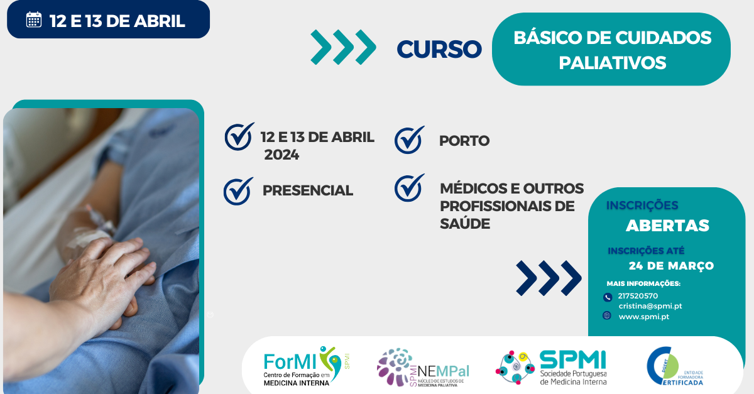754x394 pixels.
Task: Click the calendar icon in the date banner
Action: click(x=33, y=20)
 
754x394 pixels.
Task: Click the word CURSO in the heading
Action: click(x=439, y=48)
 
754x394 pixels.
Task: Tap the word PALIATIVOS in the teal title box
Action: click(x=612, y=63)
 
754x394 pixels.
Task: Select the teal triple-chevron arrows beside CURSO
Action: click(x=343, y=47)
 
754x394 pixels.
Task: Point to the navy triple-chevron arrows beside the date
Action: click(x=549, y=278)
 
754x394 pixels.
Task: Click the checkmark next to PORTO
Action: click(x=409, y=140)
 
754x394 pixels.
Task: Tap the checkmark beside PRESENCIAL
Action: click(x=238, y=191)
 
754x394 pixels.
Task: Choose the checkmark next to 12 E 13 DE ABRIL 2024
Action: click(x=239, y=136)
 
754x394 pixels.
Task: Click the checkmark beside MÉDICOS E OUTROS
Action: click(x=409, y=188)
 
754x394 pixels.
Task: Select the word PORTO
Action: click(x=464, y=141)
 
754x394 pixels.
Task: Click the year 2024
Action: click(x=281, y=155)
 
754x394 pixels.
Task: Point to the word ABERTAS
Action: click(x=667, y=226)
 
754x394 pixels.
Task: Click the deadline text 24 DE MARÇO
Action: click(x=671, y=266)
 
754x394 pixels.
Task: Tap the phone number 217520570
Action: click(x=638, y=296)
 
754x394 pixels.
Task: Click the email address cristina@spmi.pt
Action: click(x=650, y=306)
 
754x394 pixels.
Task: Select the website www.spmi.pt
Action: click(x=643, y=316)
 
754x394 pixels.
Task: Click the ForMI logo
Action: click(x=307, y=366)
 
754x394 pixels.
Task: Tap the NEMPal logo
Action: click(x=422, y=367)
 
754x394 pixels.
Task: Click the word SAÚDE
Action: click(x=465, y=224)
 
